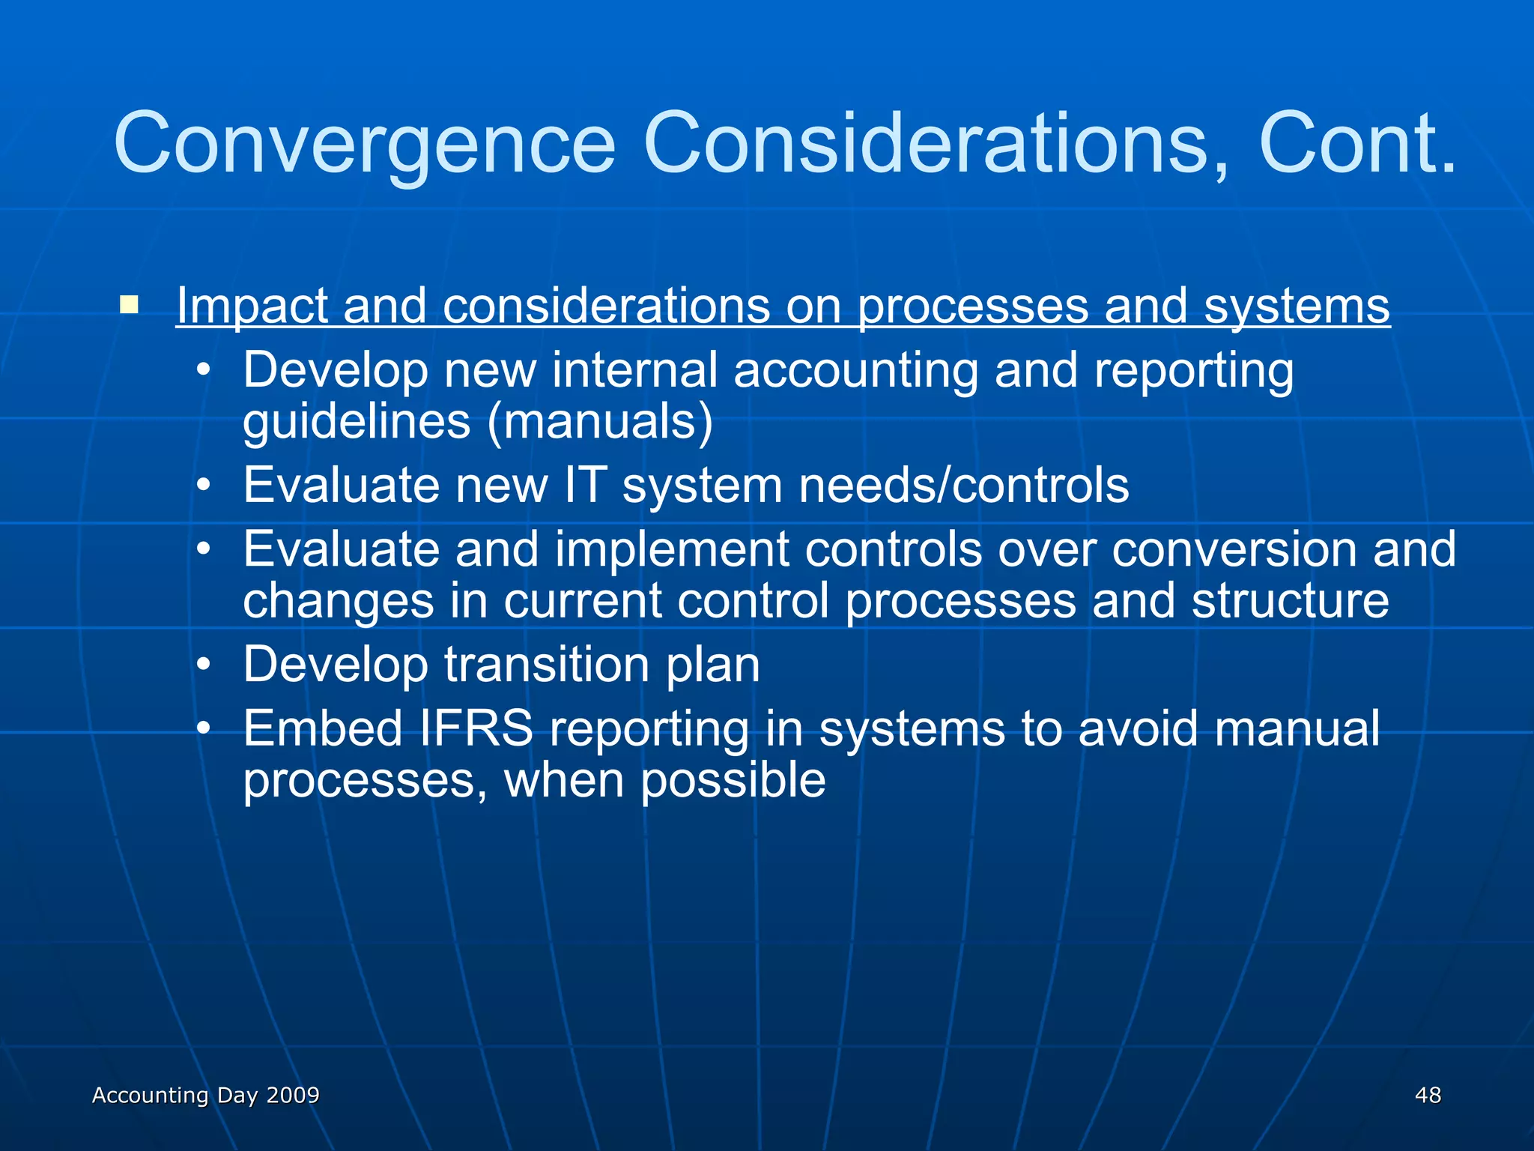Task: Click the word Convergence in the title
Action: click(x=365, y=142)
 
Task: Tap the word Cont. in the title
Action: click(x=1357, y=142)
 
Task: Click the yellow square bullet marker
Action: click(x=129, y=304)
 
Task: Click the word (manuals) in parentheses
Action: click(x=599, y=421)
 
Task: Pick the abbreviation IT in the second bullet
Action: click(x=583, y=485)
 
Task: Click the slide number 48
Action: click(x=1428, y=1095)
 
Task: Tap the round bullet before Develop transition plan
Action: click(x=204, y=665)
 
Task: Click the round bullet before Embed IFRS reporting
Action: click(x=204, y=729)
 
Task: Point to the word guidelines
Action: click(x=357, y=421)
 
